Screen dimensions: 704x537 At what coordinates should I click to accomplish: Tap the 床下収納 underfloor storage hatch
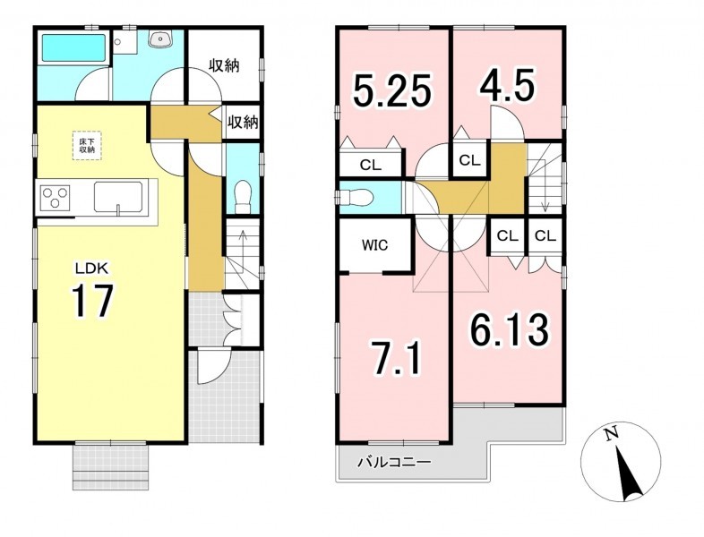tap(87, 145)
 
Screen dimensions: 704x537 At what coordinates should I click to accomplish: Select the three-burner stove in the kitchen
tap(56, 198)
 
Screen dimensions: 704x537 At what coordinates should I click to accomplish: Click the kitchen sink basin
tap(118, 197)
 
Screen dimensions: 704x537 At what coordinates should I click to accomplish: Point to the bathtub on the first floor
tap(74, 48)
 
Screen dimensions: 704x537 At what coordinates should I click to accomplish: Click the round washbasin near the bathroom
tap(160, 39)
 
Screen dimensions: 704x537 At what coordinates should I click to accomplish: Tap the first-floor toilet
tap(243, 197)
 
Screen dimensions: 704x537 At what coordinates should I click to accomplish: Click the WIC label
tap(375, 245)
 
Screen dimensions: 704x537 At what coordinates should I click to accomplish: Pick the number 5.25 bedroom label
tap(392, 91)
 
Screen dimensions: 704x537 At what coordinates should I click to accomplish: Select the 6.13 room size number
tap(509, 329)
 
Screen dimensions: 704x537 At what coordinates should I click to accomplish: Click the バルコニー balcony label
tap(394, 462)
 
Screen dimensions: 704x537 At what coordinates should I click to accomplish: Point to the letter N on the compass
tap(610, 434)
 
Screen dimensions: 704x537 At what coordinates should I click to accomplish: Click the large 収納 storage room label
tap(224, 65)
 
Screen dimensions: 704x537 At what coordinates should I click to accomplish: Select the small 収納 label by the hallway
tap(243, 122)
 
